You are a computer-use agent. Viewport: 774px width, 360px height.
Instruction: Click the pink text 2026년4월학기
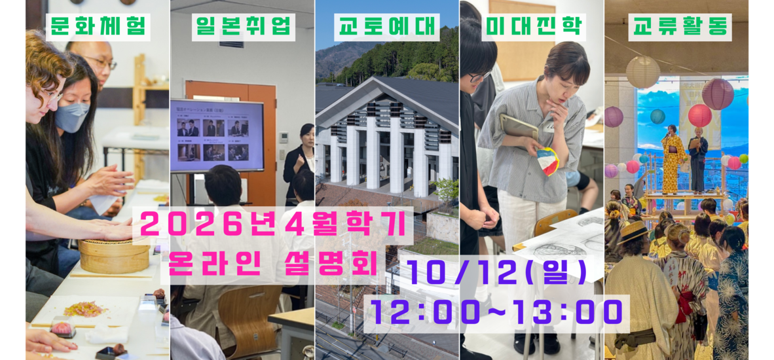(x=273, y=226)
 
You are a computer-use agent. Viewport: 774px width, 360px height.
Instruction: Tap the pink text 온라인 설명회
(x=272, y=265)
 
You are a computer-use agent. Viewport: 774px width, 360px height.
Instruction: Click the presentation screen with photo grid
(x=217, y=135)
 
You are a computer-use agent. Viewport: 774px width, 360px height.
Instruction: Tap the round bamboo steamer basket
(x=114, y=255)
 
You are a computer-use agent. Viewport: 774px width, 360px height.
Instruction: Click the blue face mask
(x=71, y=117)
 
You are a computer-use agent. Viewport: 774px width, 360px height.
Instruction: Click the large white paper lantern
(x=642, y=72)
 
